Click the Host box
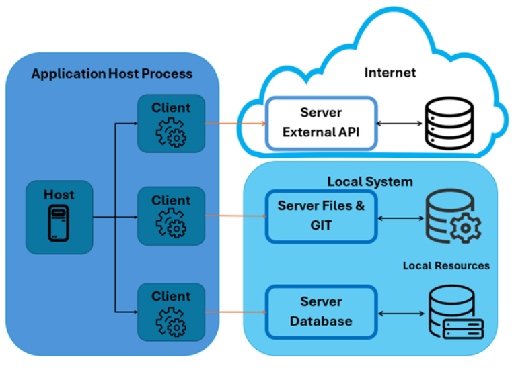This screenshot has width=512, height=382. tap(59, 217)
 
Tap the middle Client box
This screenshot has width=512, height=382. tap(171, 216)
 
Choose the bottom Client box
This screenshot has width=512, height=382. tap(171, 312)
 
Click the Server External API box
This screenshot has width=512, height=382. tap(321, 123)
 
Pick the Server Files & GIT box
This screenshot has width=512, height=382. tap(321, 216)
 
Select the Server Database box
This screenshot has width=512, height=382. tap(321, 312)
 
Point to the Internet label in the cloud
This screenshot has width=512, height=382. tap(390, 73)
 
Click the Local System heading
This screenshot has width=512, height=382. tap(370, 182)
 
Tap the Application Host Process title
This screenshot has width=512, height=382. tap(112, 74)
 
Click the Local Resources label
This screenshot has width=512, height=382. tap(446, 266)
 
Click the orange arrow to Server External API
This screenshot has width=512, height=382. tap(235, 124)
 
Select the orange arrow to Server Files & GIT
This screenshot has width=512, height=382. tap(235, 216)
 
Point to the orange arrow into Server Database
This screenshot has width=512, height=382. tap(235, 312)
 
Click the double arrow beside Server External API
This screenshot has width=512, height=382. tap(400, 124)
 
